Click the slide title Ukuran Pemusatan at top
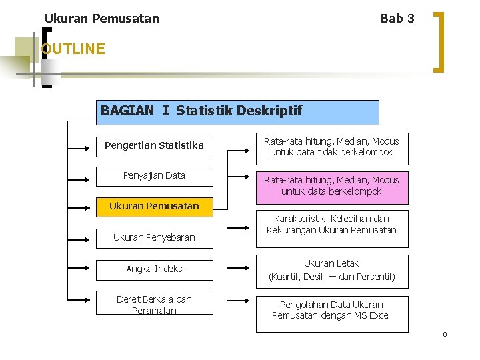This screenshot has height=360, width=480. [101, 19]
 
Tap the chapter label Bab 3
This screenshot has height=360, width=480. [397, 19]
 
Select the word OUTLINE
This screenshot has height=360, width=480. [73, 49]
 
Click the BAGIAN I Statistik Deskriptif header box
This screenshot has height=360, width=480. [239, 112]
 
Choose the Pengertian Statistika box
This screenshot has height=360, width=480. [154, 145]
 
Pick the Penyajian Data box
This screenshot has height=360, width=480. [154, 176]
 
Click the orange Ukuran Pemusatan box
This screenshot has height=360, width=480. [154, 206]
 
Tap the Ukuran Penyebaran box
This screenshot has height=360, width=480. [154, 237]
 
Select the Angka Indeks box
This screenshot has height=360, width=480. [154, 269]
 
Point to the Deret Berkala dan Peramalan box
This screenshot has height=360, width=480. [154, 305]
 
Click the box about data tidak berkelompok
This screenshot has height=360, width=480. [331, 147]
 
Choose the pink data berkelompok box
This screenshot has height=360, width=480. [331, 185]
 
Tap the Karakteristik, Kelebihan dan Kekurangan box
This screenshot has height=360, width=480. [331, 225]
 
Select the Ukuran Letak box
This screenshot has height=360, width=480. [331, 271]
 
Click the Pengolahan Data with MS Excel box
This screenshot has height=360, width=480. [331, 311]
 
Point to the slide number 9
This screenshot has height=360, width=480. [445, 334]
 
